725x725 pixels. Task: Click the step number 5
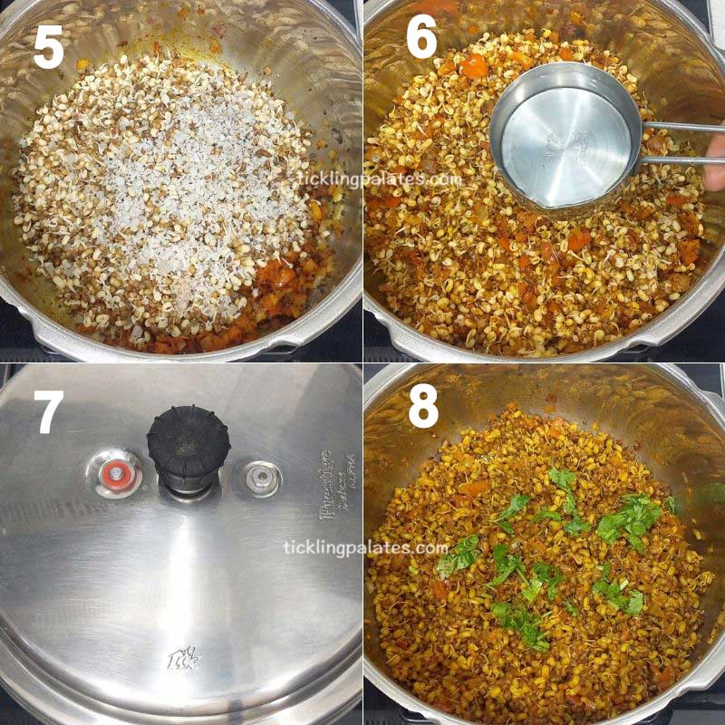(x=49, y=47)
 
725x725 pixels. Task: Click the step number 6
(x=420, y=42)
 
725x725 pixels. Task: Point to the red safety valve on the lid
(x=114, y=473)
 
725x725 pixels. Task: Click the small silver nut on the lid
(x=263, y=478)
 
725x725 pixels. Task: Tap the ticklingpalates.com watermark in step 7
(x=366, y=548)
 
